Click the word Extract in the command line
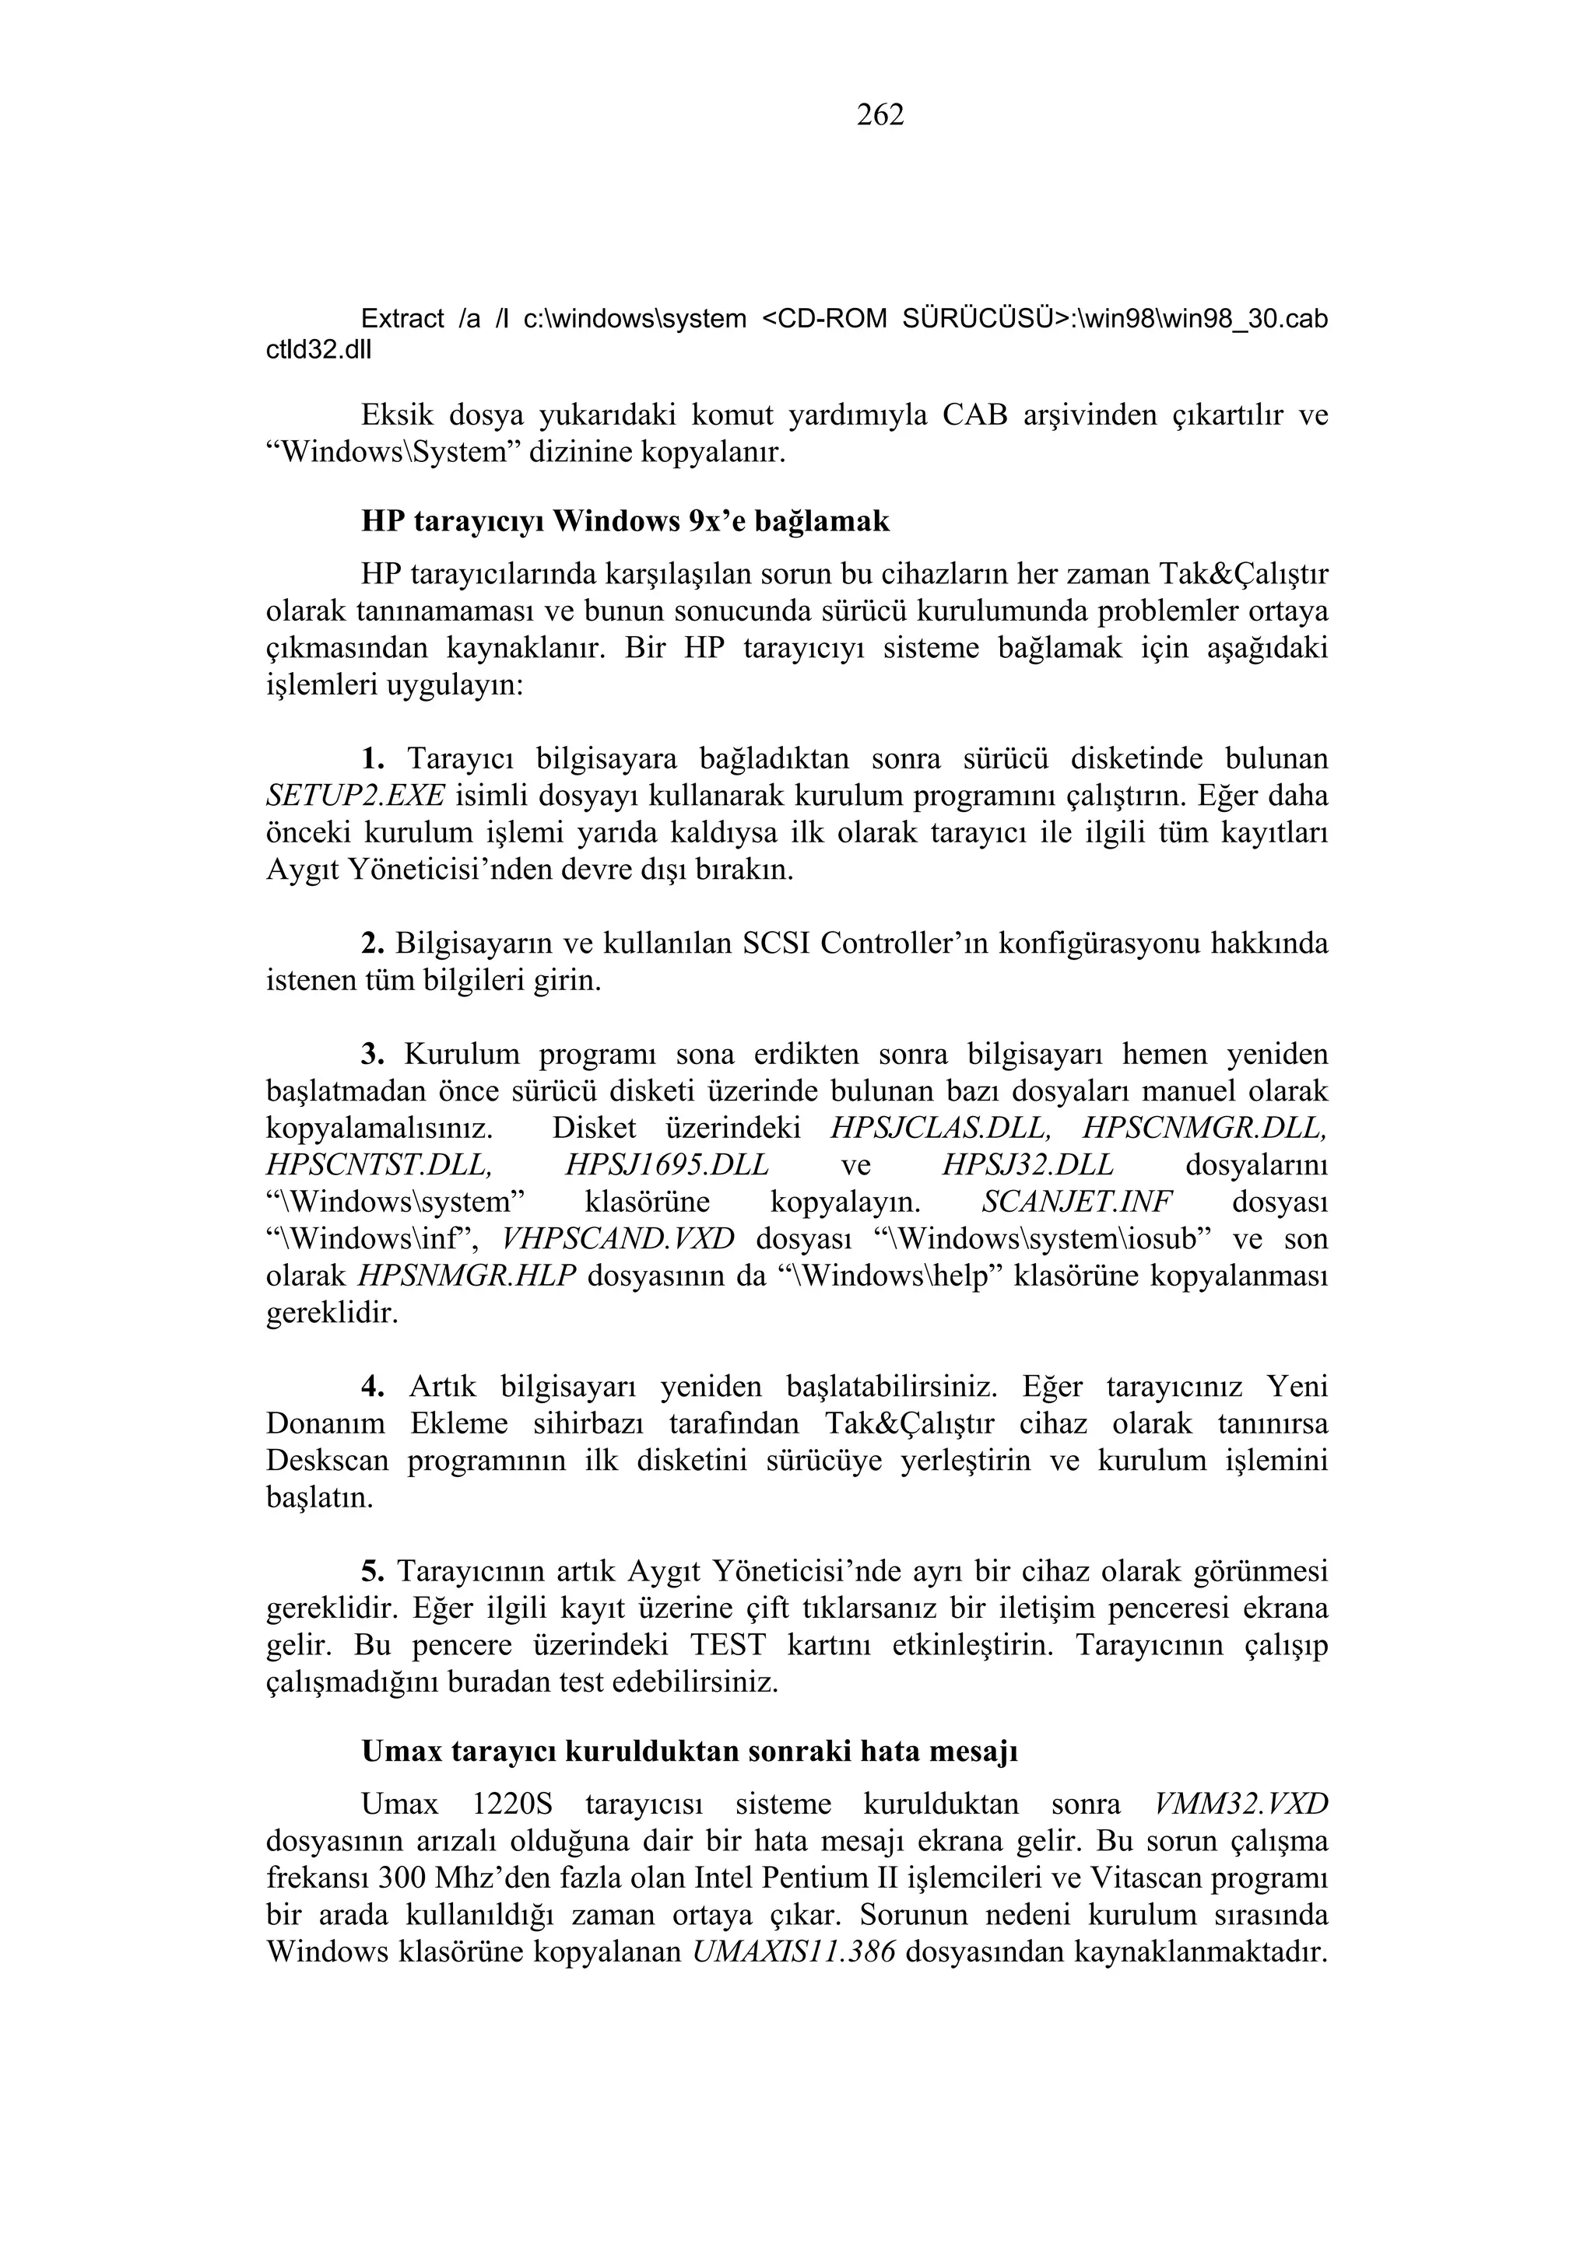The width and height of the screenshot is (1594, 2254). tap(402, 319)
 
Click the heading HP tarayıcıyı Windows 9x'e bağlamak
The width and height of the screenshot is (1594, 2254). tap(625, 521)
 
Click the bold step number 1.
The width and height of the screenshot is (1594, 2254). tap(371, 759)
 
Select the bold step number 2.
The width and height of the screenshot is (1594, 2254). tap(371, 943)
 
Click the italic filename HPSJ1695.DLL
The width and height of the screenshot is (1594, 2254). tap(667, 1165)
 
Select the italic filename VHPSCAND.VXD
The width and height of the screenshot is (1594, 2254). tap(618, 1239)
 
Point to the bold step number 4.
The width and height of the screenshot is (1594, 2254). tap(371, 1387)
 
